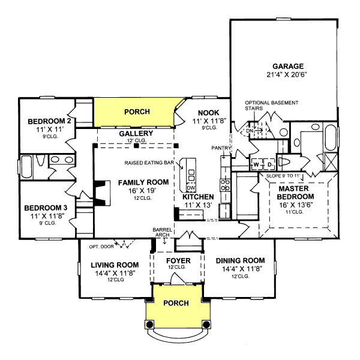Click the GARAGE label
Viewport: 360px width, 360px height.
[288, 66]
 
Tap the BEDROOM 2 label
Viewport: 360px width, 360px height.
[49, 122]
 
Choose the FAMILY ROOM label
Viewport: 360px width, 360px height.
[143, 182]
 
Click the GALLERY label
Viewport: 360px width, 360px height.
[134, 133]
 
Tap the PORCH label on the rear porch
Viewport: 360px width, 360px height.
[137, 112]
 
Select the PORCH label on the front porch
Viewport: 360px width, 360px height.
[176, 303]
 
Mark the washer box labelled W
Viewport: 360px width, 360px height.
[256, 164]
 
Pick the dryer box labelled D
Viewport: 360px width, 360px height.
[269, 164]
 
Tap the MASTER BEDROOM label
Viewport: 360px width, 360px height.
[296, 192]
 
